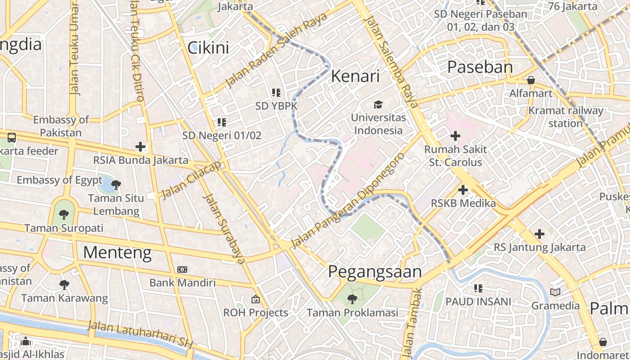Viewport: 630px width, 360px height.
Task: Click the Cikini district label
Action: click(208, 48)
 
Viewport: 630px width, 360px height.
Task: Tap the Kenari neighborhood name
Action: click(355, 76)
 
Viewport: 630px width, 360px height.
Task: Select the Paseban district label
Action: click(480, 67)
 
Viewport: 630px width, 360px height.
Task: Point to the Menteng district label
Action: click(117, 252)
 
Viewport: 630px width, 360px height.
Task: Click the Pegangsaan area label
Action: click(374, 272)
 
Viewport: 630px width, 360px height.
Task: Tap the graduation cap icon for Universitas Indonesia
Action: click(378, 105)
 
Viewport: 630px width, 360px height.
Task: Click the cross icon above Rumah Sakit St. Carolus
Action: click(455, 135)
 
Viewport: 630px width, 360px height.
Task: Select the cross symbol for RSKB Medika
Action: click(463, 190)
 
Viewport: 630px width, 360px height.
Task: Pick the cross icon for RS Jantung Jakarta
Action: click(539, 234)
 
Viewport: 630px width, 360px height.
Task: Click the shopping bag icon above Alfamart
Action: click(531, 81)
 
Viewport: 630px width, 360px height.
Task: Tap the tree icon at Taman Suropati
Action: click(64, 215)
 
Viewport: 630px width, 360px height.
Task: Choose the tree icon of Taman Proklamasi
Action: click(352, 299)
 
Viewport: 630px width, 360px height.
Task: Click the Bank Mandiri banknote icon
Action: click(182, 270)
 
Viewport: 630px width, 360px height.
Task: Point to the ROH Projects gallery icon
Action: click(255, 299)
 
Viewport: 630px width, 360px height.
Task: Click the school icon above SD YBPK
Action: click(276, 93)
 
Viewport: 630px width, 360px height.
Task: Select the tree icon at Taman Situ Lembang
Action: click(116, 184)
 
